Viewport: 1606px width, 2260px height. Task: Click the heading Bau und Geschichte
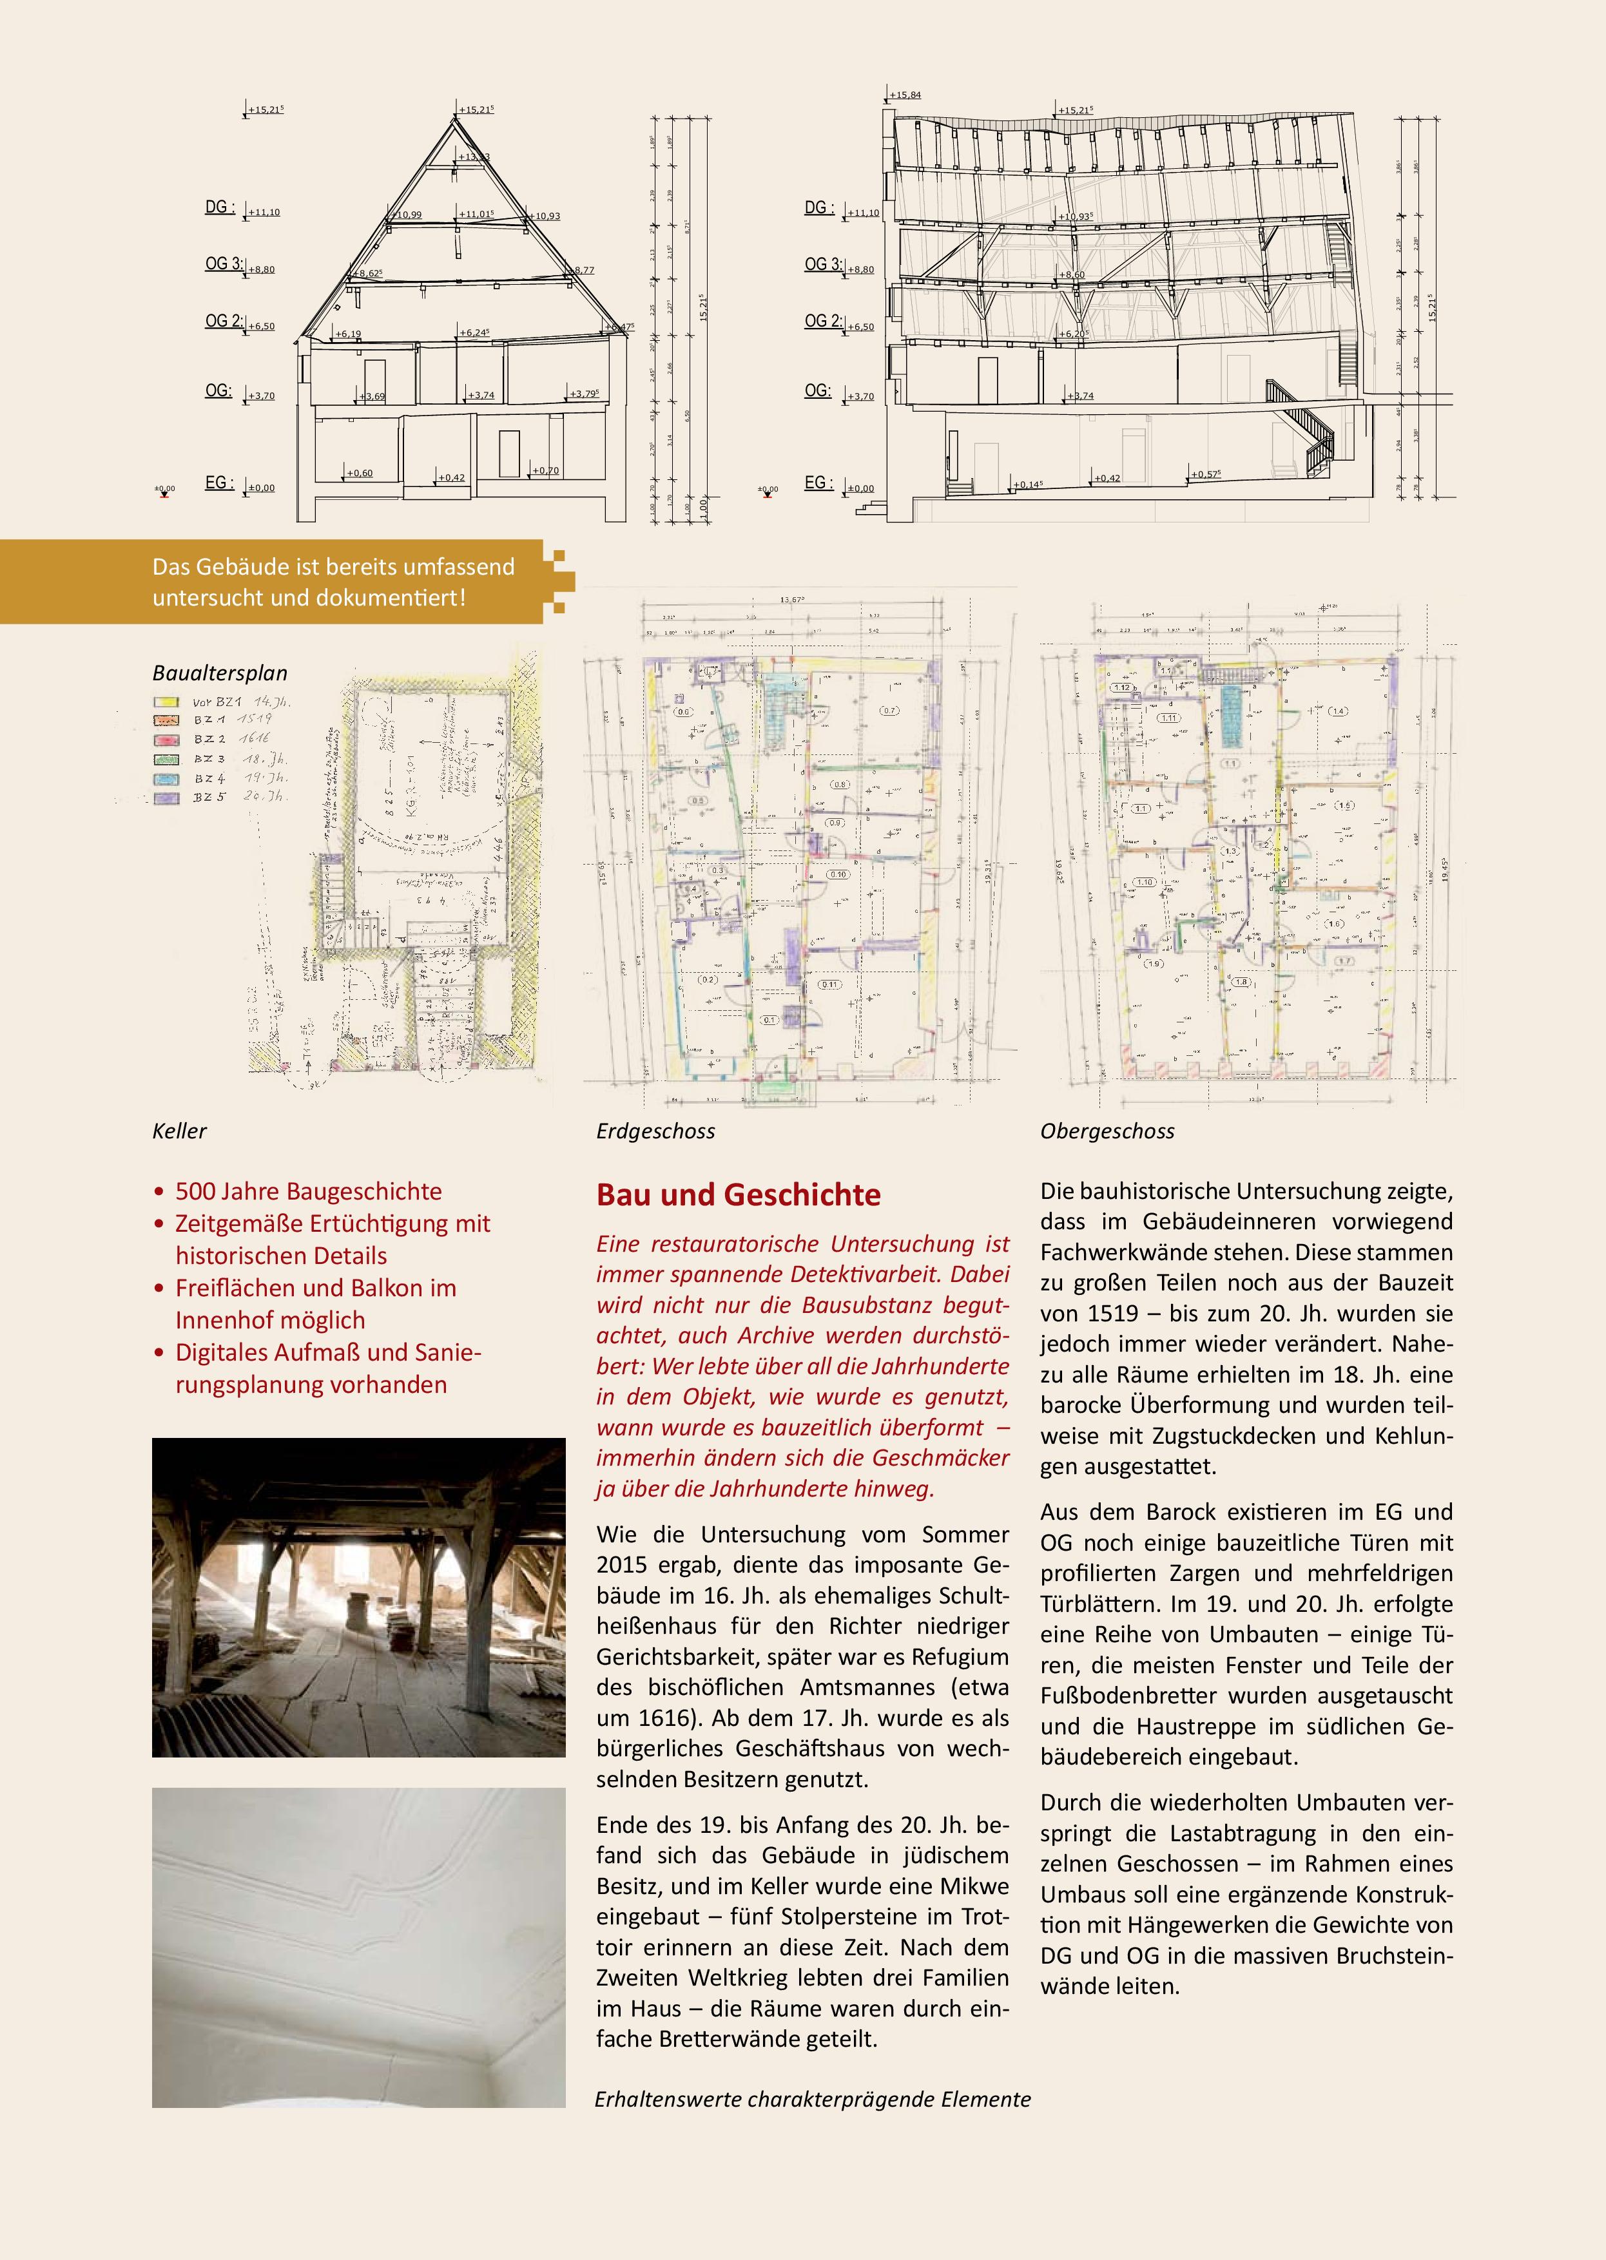click(x=738, y=1194)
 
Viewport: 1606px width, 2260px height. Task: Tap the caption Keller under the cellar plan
click(x=179, y=1131)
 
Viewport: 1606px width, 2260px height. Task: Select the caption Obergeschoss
click(x=1107, y=1131)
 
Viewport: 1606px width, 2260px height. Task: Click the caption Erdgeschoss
click(x=655, y=1131)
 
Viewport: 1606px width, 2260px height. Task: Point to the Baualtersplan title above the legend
click(x=220, y=673)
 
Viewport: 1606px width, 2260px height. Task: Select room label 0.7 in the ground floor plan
click(x=889, y=711)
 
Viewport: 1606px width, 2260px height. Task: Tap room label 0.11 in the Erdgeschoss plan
click(x=829, y=984)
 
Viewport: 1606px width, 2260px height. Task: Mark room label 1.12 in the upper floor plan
click(x=1121, y=687)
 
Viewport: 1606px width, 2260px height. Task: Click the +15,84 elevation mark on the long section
click(x=905, y=95)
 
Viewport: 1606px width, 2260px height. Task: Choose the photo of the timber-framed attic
click(x=358, y=1596)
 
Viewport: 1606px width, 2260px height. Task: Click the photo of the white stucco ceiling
click(x=358, y=1948)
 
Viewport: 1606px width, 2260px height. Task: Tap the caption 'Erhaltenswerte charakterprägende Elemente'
click(x=812, y=2099)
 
